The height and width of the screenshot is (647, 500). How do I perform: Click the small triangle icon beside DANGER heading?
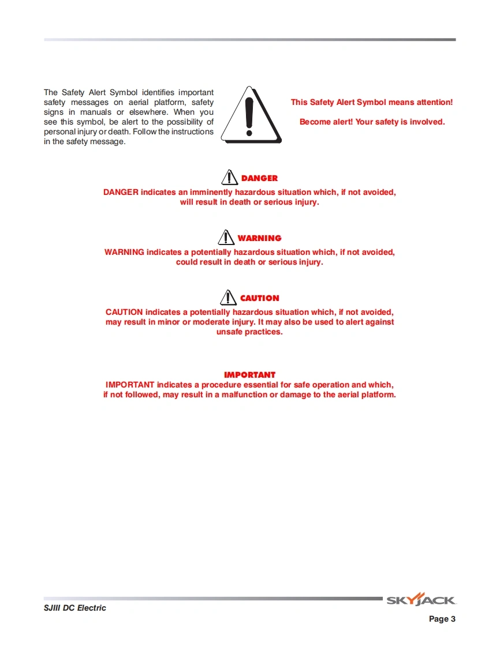pos(230,177)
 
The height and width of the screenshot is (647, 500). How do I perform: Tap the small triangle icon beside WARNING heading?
pos(226,237)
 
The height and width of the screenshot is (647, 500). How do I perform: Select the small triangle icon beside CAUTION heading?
pos(229,297)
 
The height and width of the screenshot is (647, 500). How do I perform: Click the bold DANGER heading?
pos(259,179)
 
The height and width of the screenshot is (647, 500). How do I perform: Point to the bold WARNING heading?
pos(259,239)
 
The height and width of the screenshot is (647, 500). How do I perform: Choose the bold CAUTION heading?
pos(259,299)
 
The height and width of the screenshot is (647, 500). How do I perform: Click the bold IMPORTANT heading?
pos(249,375)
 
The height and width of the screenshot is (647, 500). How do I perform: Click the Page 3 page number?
pos(442,619)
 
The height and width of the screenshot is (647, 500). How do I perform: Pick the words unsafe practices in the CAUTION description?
pos(249,332)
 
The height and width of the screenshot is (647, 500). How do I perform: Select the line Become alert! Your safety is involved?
pos(372,122)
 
